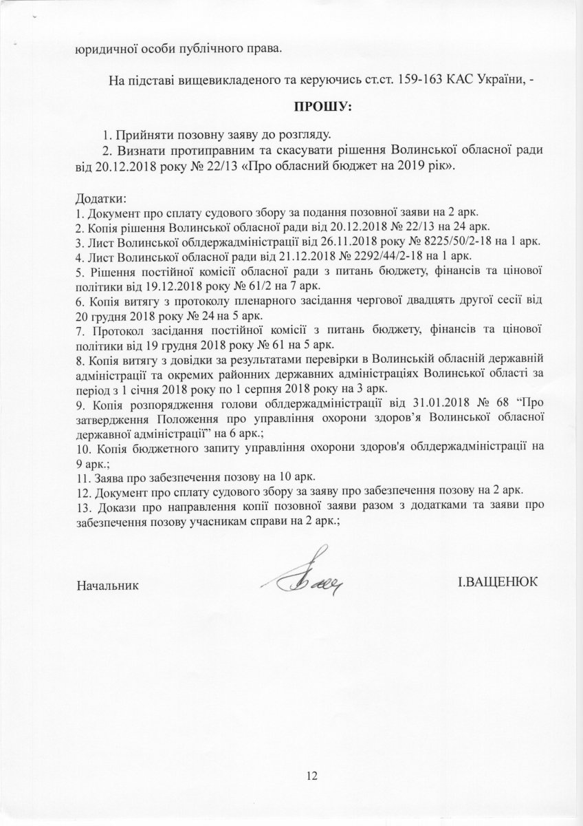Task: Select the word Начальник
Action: coord(107,586)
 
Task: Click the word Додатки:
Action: coord(98,198)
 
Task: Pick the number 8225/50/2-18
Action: coord(482,240)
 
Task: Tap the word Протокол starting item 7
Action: coord(111,330)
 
